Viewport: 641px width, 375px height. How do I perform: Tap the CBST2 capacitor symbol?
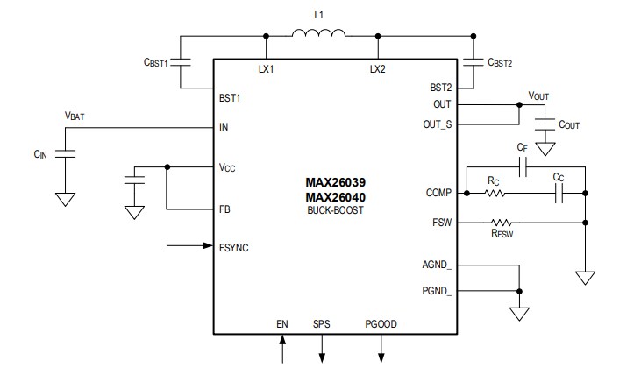(474, 62)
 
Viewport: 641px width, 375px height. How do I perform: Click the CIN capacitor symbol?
(64, 154)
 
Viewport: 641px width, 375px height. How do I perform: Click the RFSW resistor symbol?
(501, 223)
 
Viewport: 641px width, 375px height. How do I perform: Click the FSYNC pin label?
(234, 248)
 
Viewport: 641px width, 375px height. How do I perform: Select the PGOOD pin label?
(381, 324)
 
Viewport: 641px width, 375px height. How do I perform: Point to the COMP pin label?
(438, 194)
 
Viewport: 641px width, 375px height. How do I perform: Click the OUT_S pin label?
(436, 124)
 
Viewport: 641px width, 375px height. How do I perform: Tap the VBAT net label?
(75, 116)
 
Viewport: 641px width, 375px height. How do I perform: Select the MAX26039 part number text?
(334, 183)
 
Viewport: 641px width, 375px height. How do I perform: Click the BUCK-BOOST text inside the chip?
(334, 211)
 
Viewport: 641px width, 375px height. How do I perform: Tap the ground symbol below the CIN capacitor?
(64, 199)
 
